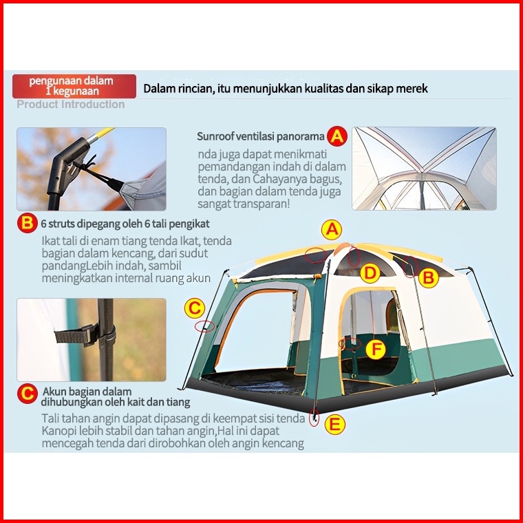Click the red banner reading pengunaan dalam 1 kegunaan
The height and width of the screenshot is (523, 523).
coord(74,86)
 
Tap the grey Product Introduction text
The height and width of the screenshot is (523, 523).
coord(71,105)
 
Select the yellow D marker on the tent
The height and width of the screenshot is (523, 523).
coord(370,273)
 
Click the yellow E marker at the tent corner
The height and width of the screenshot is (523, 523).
coord(334,425)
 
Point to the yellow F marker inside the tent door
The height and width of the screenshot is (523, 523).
coord(376,349)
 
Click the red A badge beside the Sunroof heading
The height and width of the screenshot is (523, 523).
coord(337,136)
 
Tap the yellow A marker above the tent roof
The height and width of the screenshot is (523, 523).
coord(332,230)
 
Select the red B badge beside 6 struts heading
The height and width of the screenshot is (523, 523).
coord(27,223)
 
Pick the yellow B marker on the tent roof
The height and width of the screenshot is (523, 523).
coord(429,278)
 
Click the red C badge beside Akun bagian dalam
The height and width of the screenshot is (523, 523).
coord(27,393)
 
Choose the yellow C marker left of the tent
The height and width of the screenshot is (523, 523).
coord(195,308)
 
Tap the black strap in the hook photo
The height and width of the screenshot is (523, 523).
coord(76,335)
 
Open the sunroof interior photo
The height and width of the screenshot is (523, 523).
coord(424,169)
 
